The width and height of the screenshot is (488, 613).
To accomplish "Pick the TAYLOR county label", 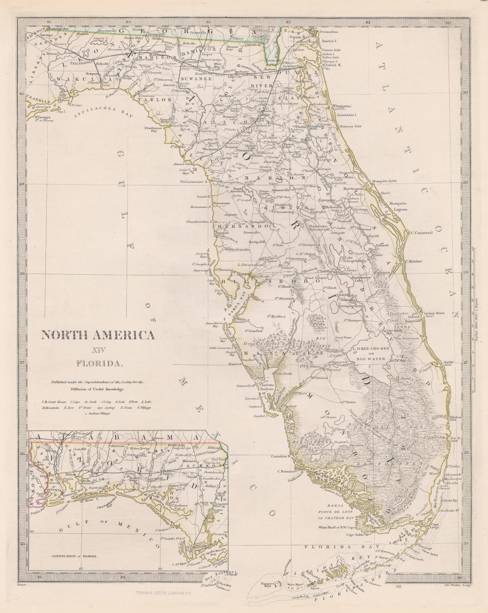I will tap(150, 99).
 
